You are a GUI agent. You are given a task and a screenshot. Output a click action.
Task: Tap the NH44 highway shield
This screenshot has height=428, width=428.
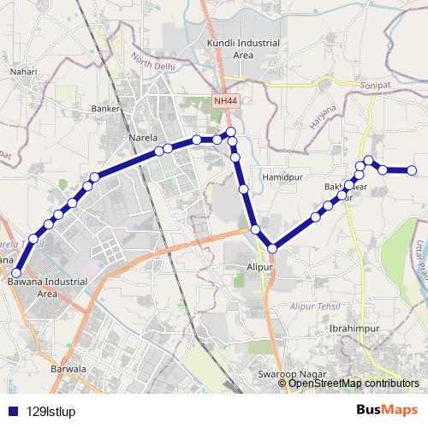click(x=223, y=101)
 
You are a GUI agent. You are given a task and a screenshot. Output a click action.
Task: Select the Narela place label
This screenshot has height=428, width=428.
click(x=140, y=138)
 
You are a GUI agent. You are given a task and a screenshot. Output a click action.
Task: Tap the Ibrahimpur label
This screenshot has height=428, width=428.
click(x=350, y=328)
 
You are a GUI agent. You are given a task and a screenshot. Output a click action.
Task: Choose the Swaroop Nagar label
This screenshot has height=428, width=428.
click(x=288, y=374)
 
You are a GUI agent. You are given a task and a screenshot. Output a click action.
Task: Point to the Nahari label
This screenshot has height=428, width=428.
click(x=23, y=73)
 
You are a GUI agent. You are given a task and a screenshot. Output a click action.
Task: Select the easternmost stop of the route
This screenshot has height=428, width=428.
click(x=412, y=171)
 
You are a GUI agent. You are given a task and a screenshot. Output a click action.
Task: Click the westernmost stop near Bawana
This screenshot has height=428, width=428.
click(x=15, y=273)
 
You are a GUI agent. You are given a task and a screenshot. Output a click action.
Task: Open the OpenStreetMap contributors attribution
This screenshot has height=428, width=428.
click(x=353, y=383)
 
